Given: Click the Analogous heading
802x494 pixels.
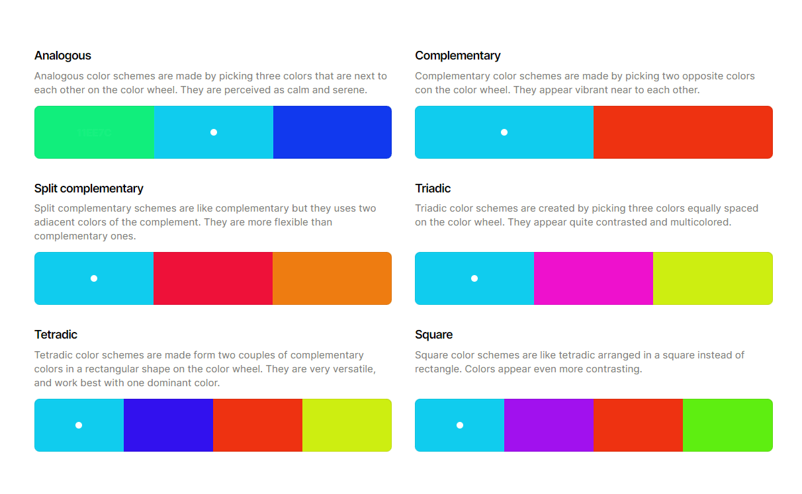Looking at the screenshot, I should [63, 56].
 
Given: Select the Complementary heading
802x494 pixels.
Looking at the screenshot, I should [457, 56].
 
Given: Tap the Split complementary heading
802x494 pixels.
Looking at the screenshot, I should [89, 188].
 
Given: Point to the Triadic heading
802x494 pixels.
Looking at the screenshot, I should [433, 188].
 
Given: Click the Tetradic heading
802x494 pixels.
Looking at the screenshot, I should [56, 335].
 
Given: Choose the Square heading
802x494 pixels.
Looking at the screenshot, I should [433, 335].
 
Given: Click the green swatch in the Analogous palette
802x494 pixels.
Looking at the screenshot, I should [94, 132].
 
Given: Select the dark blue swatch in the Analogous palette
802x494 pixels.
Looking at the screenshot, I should [332, 132].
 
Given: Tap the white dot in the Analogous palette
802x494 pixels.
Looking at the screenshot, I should [214, 132].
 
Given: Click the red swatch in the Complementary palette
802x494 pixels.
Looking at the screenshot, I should [683, 132].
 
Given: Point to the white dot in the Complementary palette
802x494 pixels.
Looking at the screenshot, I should [504, 132].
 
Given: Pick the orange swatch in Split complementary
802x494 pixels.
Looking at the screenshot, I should [332, 278].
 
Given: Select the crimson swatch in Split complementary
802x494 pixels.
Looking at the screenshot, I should [213, 278].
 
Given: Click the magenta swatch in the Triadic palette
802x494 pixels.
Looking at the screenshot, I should [594, 278].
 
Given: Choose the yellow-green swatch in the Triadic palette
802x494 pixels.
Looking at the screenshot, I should [713, 278].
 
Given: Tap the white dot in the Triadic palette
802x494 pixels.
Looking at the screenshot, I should [474, 278].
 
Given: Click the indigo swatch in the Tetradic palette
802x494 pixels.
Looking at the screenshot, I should [168, 425].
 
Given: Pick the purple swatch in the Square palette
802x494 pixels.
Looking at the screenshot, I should [549, 425].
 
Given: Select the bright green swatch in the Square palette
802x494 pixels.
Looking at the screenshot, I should [727, 425].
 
